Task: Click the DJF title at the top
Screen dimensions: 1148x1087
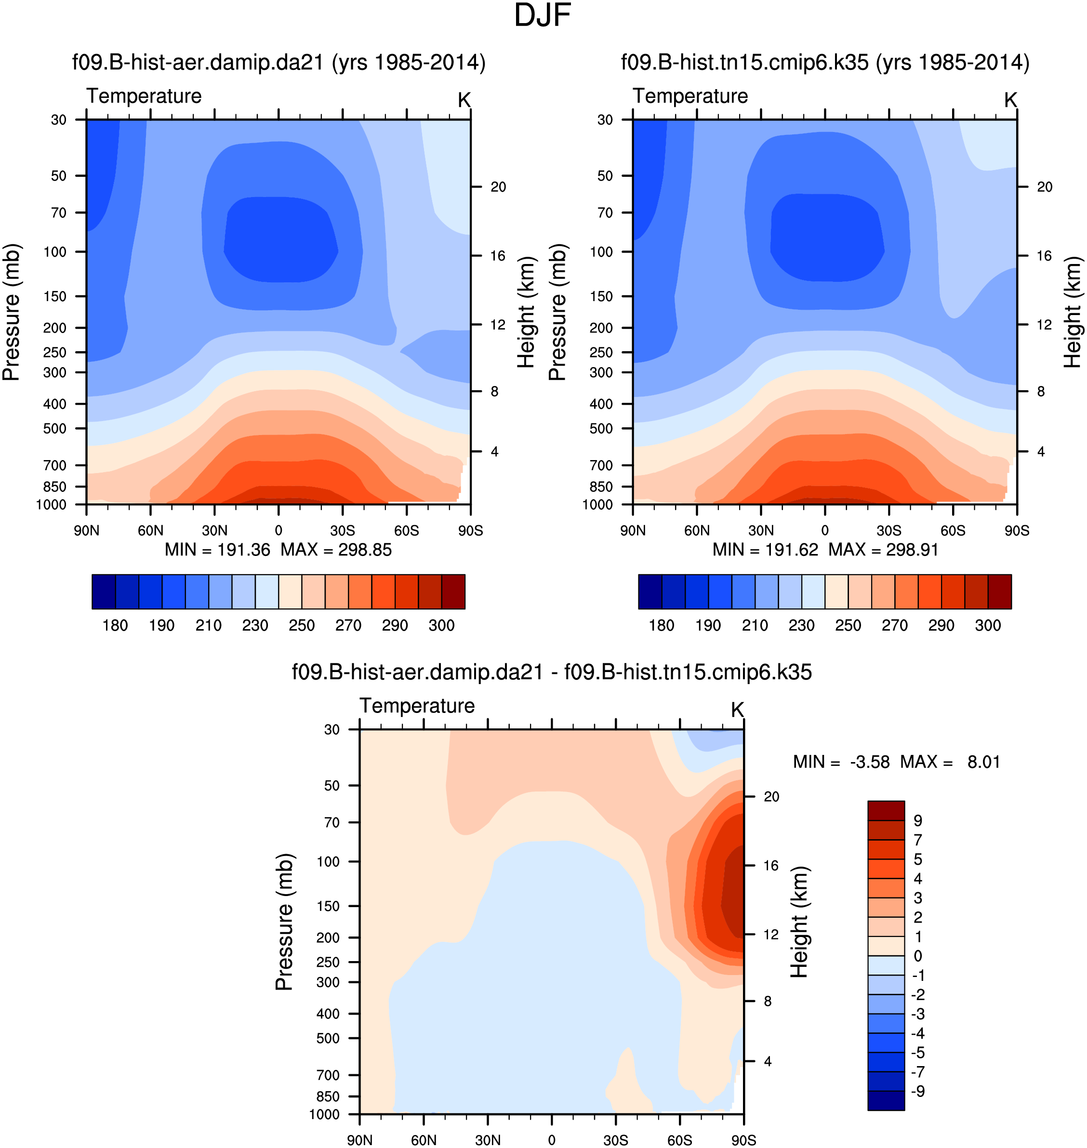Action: coord(543,15)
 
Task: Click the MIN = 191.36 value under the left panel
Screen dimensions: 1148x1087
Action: coord(217,550)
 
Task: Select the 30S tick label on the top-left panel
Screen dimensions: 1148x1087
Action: coord(343,530)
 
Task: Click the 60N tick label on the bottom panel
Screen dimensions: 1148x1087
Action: coord(424,1140)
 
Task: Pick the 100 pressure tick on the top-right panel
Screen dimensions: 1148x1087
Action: coord(601,252)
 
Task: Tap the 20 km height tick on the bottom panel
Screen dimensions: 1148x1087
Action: coord(771,797)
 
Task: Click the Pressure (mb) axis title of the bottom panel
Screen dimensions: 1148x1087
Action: coord(284,922)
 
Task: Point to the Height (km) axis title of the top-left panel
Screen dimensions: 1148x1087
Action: coord(526,312)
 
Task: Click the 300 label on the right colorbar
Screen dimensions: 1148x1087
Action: coord(987,626)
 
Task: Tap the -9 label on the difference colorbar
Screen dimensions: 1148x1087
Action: coord(918,1091)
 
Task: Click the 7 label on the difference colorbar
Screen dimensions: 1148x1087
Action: coord(918,840)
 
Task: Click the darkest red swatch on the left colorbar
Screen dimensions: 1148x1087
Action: coord(453,592)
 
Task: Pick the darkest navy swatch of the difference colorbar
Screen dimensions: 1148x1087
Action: coord(886,1100)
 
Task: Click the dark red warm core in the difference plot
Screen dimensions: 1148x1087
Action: coord(733,892)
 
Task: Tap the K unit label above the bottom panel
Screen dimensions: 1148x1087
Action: coord(737,710)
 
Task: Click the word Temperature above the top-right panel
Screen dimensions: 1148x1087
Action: coord(690,96)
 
